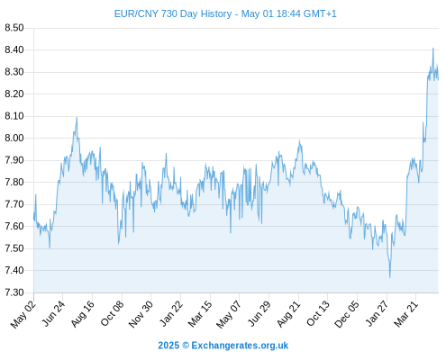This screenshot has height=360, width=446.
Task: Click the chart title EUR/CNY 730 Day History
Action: (173, 13)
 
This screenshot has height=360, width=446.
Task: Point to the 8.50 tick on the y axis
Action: (14, 28)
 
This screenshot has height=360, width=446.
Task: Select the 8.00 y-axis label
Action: (14, 138)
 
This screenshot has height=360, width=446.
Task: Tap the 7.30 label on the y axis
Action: (14, 292)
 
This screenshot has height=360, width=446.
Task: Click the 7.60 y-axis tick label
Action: (14, 226)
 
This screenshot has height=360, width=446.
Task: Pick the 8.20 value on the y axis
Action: (14, 94)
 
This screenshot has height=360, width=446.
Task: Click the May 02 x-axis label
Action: (23, 314)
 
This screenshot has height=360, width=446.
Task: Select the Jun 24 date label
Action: (53, 313)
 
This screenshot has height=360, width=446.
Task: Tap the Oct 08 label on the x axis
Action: (112, 314)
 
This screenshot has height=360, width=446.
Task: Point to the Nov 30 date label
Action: (141, 314)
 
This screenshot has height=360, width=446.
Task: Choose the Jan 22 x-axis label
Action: (171, 313)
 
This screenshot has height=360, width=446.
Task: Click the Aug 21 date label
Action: (288, 314)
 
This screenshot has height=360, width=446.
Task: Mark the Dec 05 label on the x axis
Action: (347, 314)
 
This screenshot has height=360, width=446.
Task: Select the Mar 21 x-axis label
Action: (406, 314)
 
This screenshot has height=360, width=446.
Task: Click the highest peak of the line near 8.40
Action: (433, 48)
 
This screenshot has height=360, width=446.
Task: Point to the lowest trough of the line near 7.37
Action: (390, 277)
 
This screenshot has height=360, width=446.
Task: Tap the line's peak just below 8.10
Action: (77, 117)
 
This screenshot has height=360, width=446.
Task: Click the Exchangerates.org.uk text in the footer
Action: (240, 346)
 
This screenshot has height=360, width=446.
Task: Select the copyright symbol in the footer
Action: (186, 346)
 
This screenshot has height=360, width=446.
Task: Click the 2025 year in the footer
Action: (168, 346)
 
